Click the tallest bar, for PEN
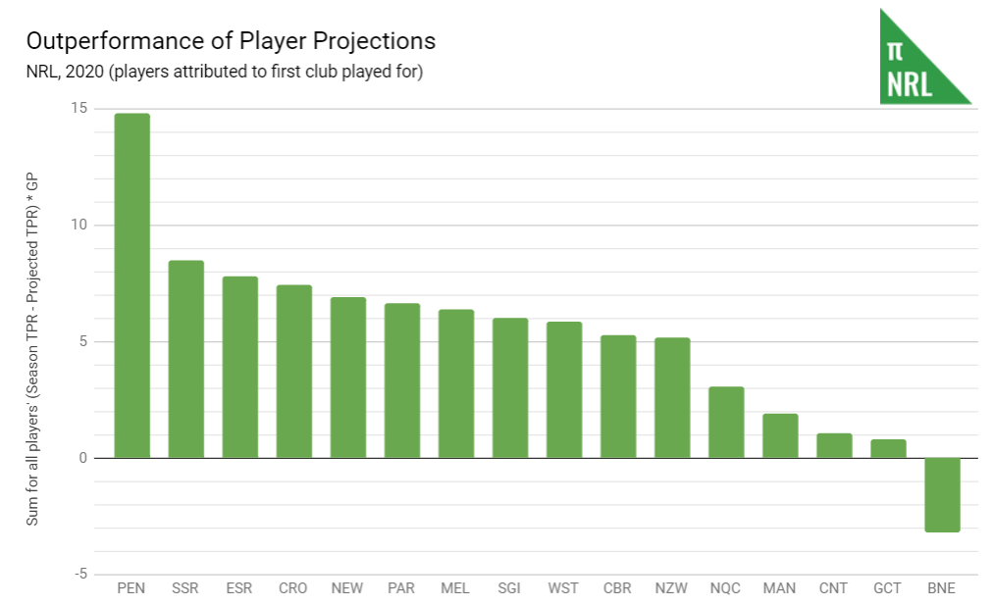click(x=132, y=285)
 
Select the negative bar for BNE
click(x=942, y=494)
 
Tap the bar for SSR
click(x=186, y=359)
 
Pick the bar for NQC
click(x=726, y=423)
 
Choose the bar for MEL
click(x=456, y=383)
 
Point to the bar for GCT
click(x=888, y=449)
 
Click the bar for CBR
click(x=618, y=396)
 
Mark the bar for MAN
click(x=780, y=436)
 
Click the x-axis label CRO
click(x=292, y=588)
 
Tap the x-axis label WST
click(x=563, y=588)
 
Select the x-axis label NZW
click(x=672, y=588)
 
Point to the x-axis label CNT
click(x=834, y=588)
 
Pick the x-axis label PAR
click(x=400, y=588)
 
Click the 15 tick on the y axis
click(x=78, y=108)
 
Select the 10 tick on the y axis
click(x=78, y=225)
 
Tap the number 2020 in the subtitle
click(x=79, y=72)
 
